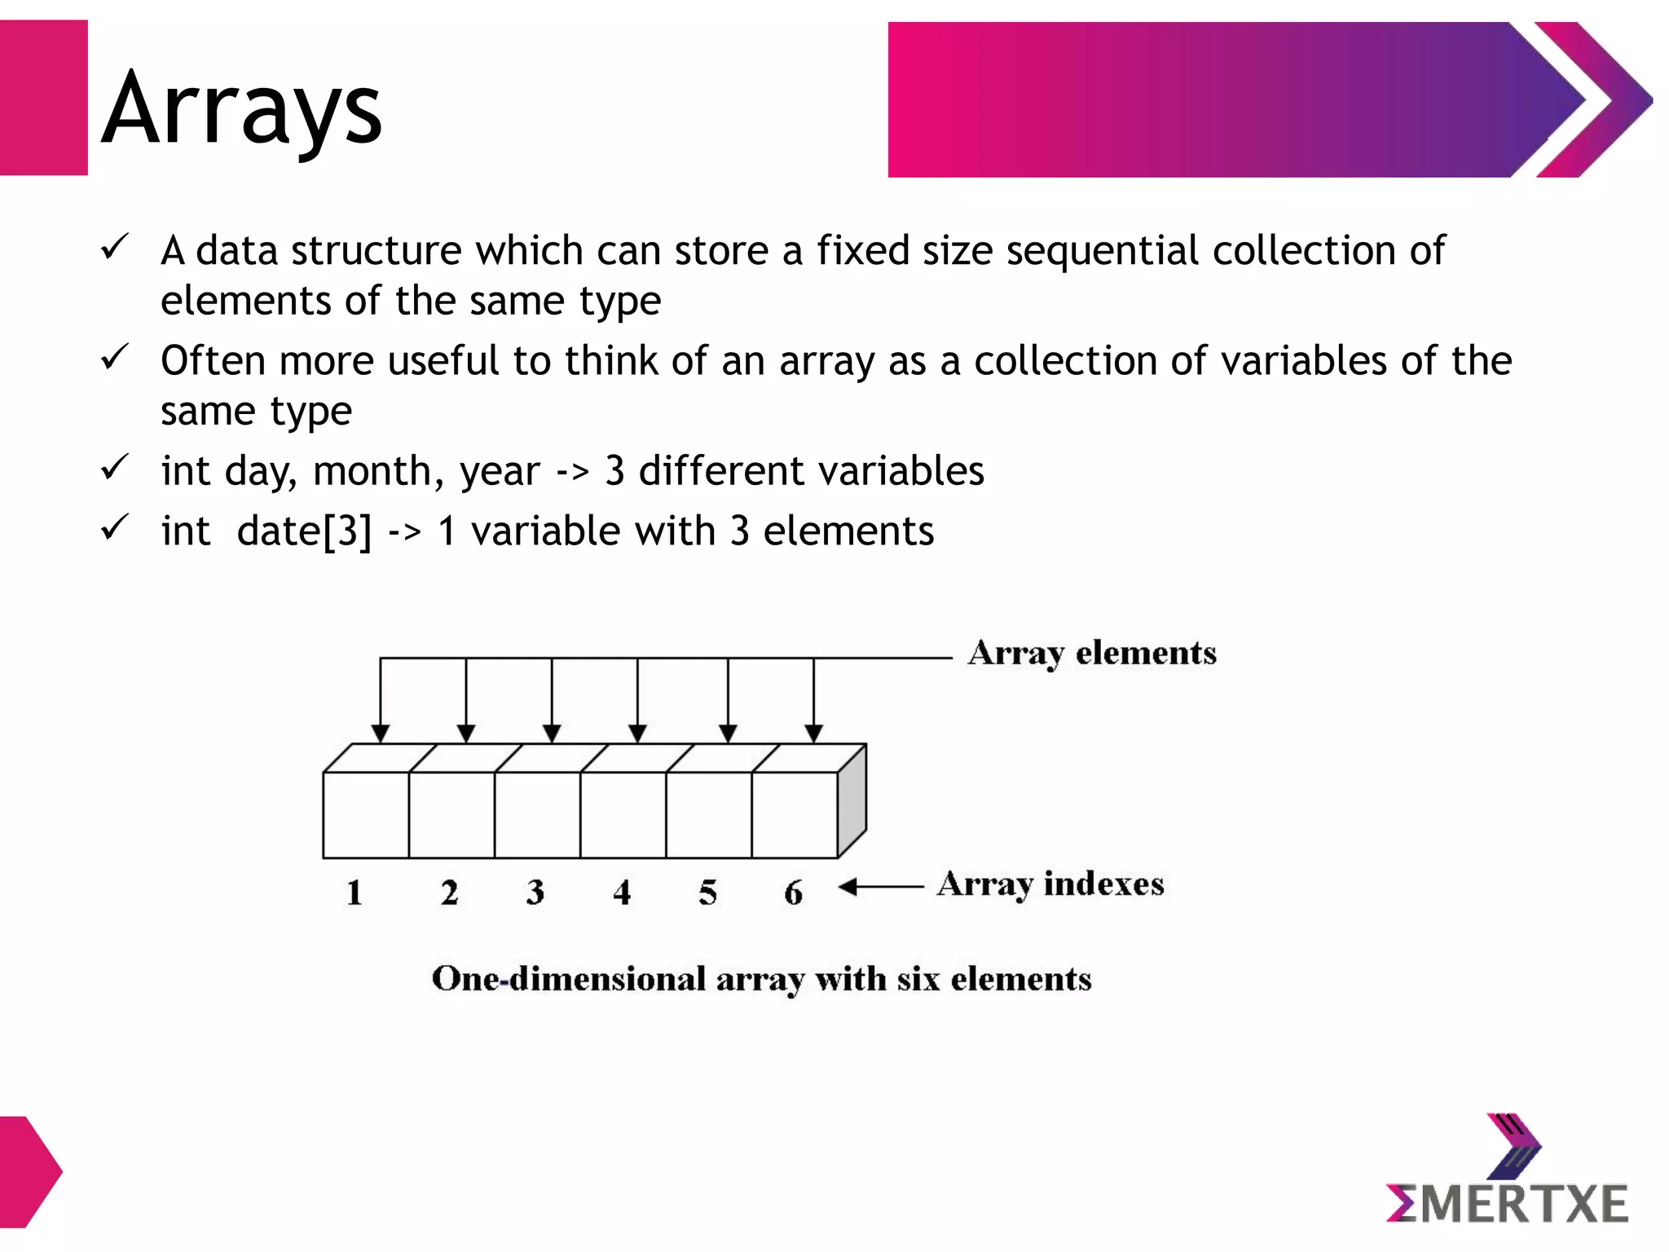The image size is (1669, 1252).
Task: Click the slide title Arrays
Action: [242, 108]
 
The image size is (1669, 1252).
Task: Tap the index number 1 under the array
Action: [354, 893]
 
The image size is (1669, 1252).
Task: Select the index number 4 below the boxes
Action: [622, 893]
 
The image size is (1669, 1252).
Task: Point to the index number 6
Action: [793, 893]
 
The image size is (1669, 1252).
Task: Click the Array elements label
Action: [1092, 654]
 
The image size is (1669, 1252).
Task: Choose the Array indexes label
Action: [1050, 884]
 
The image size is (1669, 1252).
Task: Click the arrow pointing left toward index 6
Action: [880, 887]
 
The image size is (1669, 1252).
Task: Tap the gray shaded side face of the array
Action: [852, 800]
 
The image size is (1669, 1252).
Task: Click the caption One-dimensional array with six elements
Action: [761, 979]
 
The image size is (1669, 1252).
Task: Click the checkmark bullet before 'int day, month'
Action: [114, 468]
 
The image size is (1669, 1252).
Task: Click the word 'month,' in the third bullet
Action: [378, 471]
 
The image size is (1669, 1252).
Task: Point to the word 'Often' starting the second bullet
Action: [213, 360]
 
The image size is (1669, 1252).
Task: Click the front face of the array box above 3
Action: [537, 814]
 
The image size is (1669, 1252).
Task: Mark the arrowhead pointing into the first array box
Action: [380, 733]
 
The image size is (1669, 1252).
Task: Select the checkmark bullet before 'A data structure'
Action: [114, 247]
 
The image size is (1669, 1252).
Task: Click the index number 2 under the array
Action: [449, 893]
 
